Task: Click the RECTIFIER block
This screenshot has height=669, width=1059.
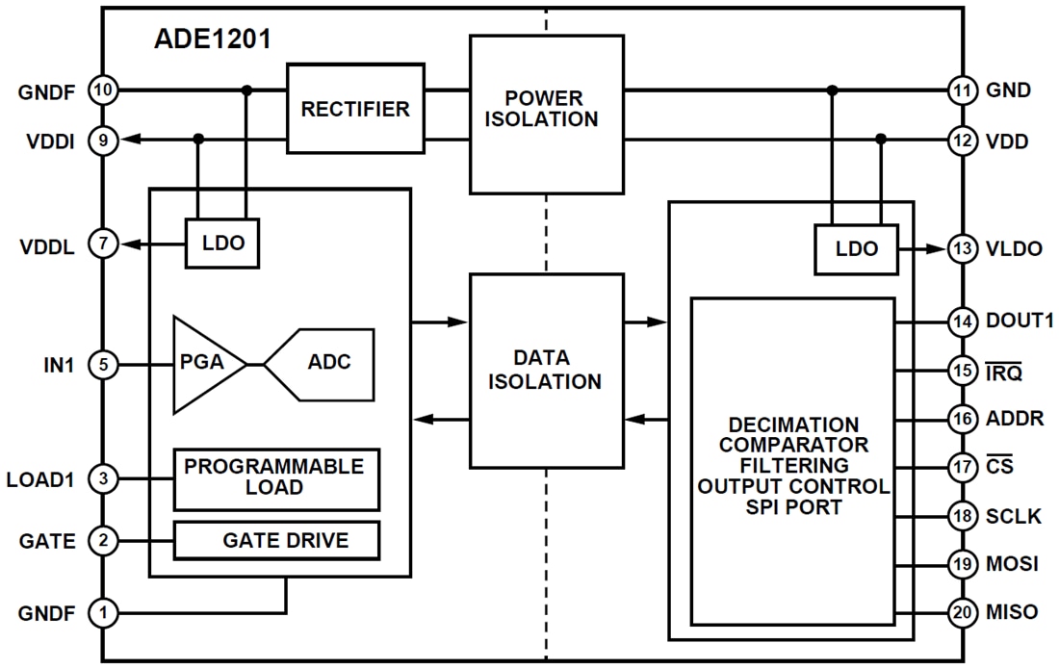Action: pyautogui.click(x=355, y=109)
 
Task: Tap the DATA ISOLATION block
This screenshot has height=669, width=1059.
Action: pyautogui.click(x=546, y=370)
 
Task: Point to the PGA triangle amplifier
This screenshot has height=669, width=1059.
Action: pyautogui.click(x=204, y=364)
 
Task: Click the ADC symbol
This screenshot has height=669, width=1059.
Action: pyautogui.click(x=322, y=364)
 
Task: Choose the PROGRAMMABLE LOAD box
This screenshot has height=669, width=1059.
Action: pyautogui.click(x=276, y=478)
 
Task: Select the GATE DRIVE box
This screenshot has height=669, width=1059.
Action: pyautogui.click(x=276, y=541)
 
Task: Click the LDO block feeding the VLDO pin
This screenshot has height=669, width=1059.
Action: pyautogui.click(x=856, y=248)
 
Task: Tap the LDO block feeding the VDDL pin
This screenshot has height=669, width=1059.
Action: pyautogui.click(x=223, y=244)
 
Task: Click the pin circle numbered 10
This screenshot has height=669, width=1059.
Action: pyautogui.click(x=103, y=90)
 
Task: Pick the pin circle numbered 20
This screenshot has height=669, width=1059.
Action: pyautogui.click(x=962, y=612)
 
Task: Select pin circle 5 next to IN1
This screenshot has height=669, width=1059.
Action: pyautogui.click(x=103, y=365)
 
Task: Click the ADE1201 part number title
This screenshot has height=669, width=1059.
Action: pyautogui.click(x=212, y=39)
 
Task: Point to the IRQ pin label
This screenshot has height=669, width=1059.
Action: pyautogui.click(x=1006, y=369)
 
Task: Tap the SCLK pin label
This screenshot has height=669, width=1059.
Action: pyautogui.click(x=1013, y=515)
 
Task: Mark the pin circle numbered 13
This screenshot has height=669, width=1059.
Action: pyautogui.click(x=962, y=248)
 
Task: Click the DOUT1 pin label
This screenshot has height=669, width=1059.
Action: pyautogui.click(x=1020, y=321)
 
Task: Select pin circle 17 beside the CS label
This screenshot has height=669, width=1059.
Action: pyautogui.click(x=962, y=467)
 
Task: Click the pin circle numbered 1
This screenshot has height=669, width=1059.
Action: pyautogui.click(x=103, y=612)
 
